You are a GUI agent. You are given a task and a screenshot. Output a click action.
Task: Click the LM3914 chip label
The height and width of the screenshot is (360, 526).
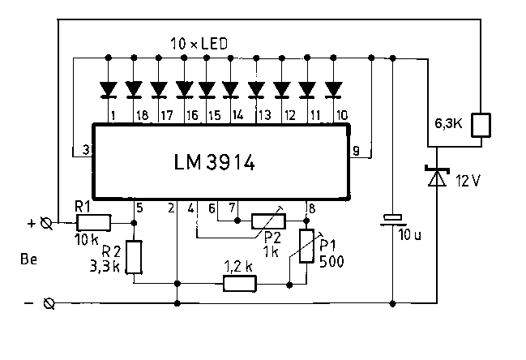[214, 162]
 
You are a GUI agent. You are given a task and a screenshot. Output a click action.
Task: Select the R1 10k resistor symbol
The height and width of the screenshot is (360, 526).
[93, 223]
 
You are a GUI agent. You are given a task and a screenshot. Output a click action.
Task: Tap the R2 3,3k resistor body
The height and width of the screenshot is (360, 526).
[134, 257]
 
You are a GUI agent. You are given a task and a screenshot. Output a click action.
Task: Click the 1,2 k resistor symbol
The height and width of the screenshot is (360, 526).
[240, 284]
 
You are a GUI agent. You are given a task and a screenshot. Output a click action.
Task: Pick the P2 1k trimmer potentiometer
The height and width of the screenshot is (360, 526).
[269, 221]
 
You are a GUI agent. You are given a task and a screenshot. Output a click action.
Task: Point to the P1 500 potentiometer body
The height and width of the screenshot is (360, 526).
[306, 246]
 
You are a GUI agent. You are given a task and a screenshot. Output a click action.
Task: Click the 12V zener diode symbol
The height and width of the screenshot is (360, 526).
[437, 176]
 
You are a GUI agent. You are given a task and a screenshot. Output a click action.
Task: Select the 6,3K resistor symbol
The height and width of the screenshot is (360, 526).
[481, 125]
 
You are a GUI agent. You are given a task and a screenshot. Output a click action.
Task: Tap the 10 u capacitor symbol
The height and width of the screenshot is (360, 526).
[393, 220]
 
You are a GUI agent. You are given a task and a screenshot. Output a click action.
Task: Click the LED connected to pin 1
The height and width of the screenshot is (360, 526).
[109, 90]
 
